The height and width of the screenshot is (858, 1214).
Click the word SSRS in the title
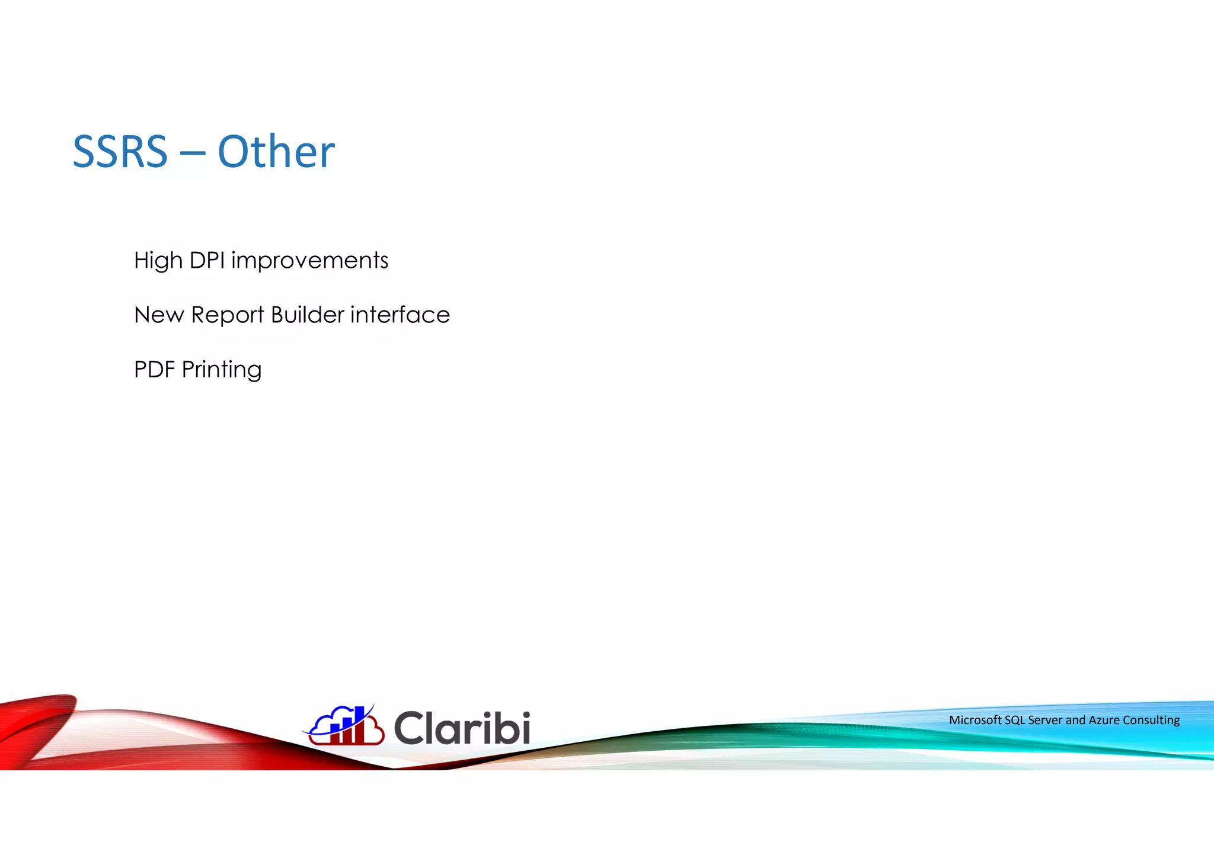coord(120,152)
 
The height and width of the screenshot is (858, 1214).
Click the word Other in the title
coord(276,152)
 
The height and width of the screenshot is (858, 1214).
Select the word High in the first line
coord(158,261)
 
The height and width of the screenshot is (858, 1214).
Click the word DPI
coord(207,260)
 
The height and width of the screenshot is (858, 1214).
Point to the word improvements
coord(309,261)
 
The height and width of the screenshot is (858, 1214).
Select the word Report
coord(228,315)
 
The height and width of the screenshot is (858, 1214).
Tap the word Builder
coord(307,315)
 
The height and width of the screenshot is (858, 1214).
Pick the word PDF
coord(154,370)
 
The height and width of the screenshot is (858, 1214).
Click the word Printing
coord(221,370)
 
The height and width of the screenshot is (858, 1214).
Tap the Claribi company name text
coord(462,728)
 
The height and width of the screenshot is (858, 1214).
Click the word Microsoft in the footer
coord(975,720)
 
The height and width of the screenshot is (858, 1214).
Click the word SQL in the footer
coord(1015,720)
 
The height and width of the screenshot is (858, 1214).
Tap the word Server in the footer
coord(1045,720)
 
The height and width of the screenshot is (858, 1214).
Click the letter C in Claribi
coord(409,728)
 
